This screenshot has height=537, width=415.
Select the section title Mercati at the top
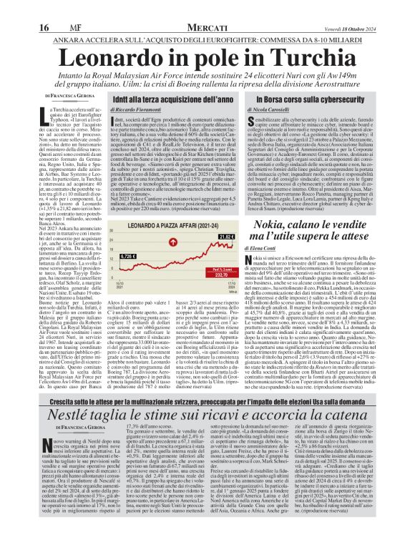207,7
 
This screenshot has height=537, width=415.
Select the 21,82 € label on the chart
227,256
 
